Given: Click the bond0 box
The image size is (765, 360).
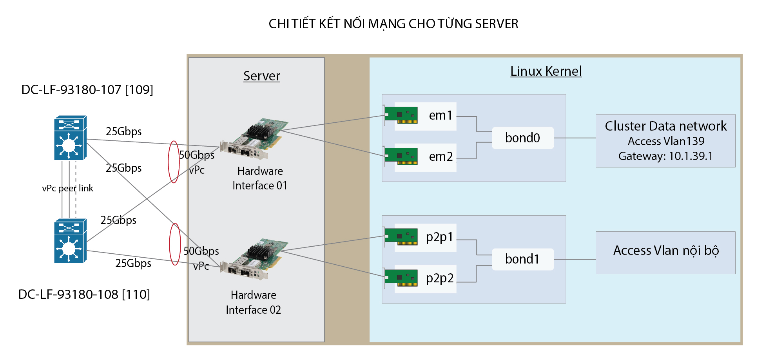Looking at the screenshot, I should (522, 138).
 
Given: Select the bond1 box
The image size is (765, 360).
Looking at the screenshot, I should (522, 259).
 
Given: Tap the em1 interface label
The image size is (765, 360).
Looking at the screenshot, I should (441, 116).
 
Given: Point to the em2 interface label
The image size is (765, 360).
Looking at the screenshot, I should (441, 157).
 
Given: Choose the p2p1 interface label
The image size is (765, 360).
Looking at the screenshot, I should (439, 237).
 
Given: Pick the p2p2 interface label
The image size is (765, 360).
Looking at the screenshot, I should (439, 278).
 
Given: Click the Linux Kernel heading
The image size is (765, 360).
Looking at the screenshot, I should (546, 71).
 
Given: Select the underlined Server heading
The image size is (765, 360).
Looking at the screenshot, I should (261, 76).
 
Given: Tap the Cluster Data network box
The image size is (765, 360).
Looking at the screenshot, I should (665, 141).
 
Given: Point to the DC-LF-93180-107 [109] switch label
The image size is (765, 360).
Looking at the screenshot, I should (87, 90).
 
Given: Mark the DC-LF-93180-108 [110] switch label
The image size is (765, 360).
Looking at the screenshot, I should (84, 295).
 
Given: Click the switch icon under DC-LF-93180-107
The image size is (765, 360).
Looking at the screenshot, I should (70, 138).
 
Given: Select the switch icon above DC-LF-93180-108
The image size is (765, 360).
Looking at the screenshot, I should (70, 241).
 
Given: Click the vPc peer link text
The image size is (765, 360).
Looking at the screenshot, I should (67, 189).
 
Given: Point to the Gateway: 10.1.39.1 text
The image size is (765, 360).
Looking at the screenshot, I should (665, 156).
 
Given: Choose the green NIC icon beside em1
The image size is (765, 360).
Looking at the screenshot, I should (401, 115).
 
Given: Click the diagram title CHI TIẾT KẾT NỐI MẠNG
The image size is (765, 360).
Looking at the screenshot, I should (393, 24).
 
